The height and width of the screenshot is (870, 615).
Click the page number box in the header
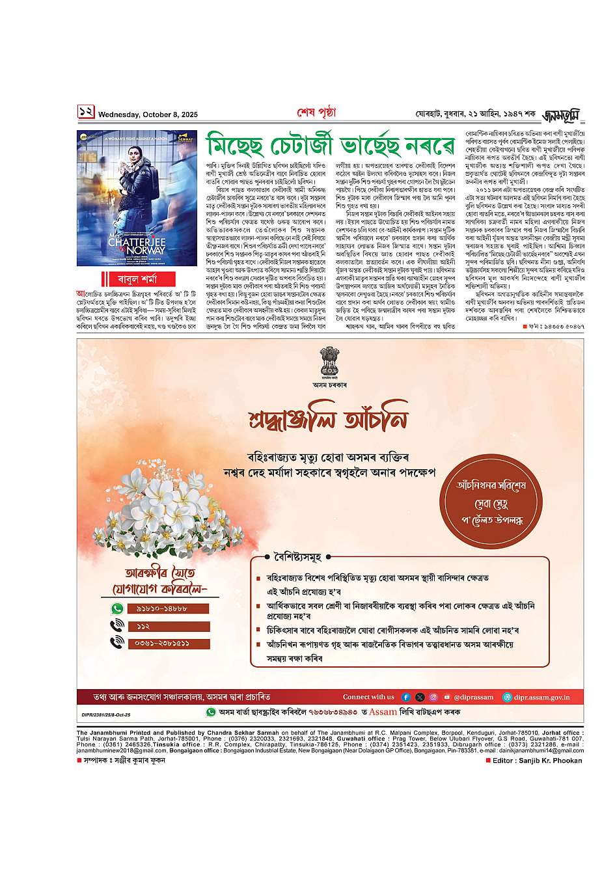(86, 112)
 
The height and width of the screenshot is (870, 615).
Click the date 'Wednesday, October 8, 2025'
(148, 115)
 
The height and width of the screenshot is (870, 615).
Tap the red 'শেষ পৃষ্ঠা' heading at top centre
(316, 113)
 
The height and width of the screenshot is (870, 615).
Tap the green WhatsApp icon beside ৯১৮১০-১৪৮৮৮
(117, 608)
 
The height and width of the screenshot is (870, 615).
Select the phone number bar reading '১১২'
(168, 626)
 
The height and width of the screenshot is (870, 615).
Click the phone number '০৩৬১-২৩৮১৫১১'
(168, 643)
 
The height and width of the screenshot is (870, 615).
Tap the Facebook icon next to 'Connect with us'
(405, 697)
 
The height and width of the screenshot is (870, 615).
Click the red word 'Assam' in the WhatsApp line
(383, 712)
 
